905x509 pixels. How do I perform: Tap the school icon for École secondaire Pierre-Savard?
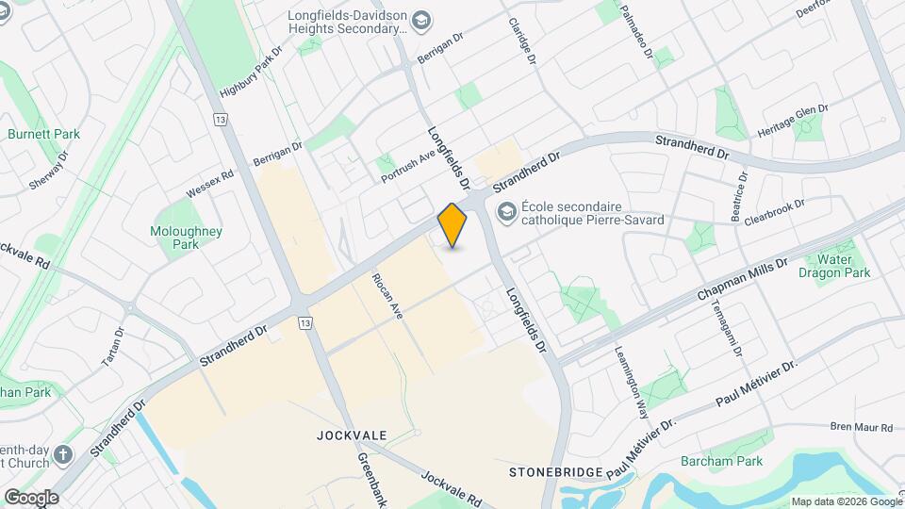click(x=507, y=211)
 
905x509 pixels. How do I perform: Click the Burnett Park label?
click(x=43, y=134)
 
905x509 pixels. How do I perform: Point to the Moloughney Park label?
click(x=186, y=237)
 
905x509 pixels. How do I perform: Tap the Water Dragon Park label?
click(x=835, y=266)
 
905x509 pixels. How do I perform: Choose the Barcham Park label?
click(x=721, y=461)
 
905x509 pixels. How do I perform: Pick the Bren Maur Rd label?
click(x=860, y=427)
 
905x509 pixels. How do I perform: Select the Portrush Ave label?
click(x=408, y=166)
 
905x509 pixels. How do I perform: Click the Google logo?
click(x=31, y=498)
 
